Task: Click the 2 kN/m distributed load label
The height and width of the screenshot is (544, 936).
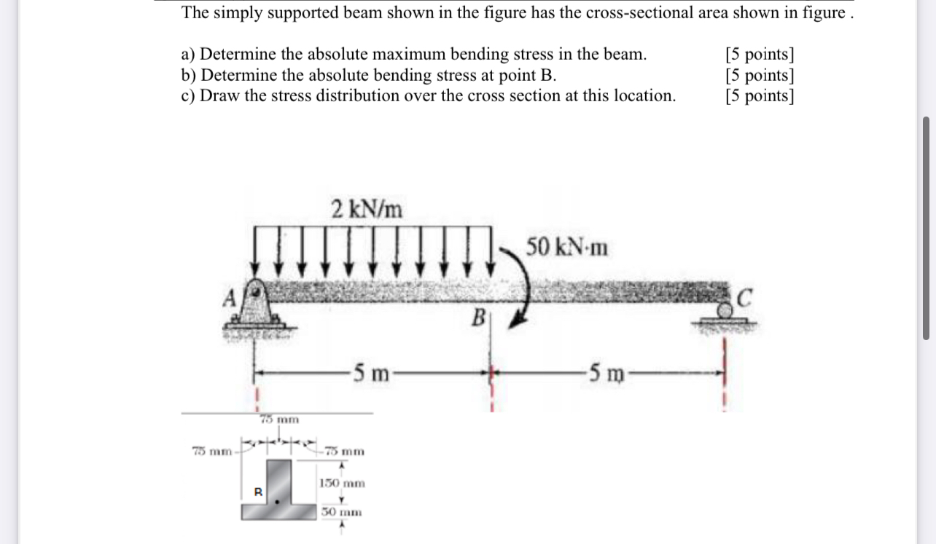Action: (367, 209)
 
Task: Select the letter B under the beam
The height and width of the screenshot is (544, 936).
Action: (478, 318)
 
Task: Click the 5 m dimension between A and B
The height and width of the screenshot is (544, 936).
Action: (371, 374)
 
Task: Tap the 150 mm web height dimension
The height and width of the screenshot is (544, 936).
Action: (342, 483)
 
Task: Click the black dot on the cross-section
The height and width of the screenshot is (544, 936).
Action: (276, 501)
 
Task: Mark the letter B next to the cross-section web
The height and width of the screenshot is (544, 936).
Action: (257, 492)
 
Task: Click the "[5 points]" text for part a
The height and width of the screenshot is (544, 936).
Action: (760, 55)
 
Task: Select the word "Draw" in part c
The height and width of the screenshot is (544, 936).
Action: (219, 95)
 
